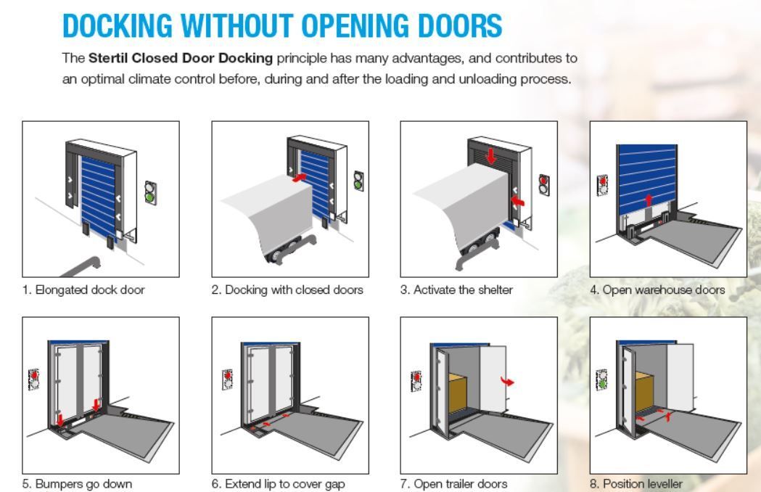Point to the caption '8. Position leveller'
636,483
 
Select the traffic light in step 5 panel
34,380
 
